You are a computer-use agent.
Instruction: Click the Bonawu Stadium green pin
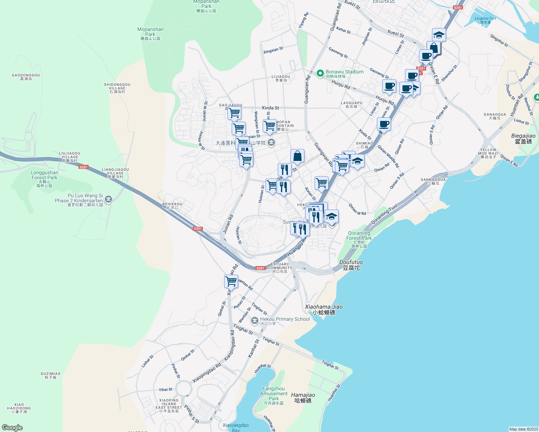(320, 73)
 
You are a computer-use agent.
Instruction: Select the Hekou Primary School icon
(255, 320)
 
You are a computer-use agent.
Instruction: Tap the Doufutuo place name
(351, 265)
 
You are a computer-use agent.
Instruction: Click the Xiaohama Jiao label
(324, 309)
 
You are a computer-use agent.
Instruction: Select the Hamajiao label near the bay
(303, 397)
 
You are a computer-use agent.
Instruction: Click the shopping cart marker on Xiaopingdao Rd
(231, 281)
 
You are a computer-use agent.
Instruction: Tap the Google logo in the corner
(12, 428)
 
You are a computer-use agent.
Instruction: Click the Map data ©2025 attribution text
(523, 429)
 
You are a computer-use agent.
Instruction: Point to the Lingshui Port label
(485, 20)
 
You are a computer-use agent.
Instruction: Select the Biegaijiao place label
(523, 139)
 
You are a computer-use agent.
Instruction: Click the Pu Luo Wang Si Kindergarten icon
(108, 199)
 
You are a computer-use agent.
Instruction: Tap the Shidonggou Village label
(117, 88)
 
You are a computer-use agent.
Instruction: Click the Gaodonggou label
(26, 77)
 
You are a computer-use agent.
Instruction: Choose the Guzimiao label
(50, 375)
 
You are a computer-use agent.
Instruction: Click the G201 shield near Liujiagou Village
(84, 167)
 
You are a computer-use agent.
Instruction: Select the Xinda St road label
(270, 108)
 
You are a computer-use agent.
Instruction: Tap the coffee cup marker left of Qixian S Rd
(384, 125)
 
